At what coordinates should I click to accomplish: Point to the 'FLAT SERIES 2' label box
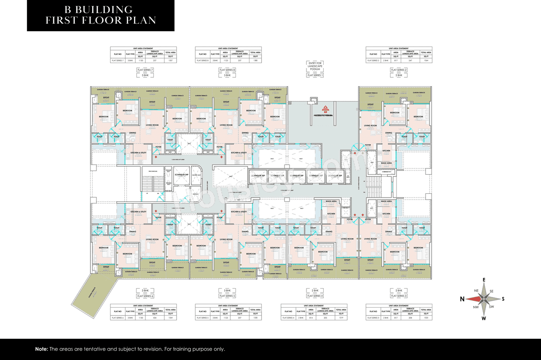(x=399, y=69)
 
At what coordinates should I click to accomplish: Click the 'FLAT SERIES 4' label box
(x=315, y=296)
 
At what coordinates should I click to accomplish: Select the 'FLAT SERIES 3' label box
(x=399, y=296)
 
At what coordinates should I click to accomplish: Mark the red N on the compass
(x=463, y=299)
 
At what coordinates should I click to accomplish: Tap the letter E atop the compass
(x=484, y=280)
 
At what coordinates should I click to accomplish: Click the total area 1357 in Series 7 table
(x=171, y=60)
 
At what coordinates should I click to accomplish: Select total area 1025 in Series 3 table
(x=426, y=317)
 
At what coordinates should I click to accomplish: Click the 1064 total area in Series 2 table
(x=426, y=60)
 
